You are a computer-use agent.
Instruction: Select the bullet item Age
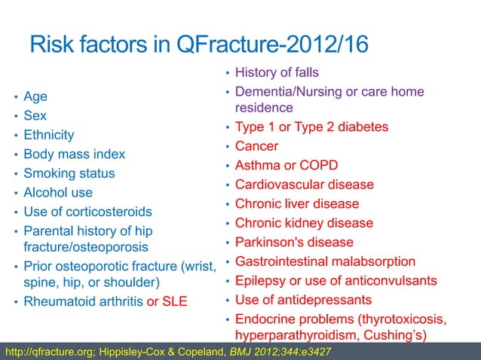coord(35,97)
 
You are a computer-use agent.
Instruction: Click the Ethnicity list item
coord(49,136)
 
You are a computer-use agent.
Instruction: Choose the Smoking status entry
coord(69,173)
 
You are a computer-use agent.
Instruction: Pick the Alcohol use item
coord(59,192)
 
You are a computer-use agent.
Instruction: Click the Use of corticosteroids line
coord(88,212)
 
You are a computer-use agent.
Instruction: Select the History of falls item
coord(277,73)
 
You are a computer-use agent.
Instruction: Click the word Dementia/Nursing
coord(286,92)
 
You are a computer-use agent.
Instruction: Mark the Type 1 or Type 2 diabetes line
coord(311,127)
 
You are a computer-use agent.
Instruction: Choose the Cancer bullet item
coord(256,146)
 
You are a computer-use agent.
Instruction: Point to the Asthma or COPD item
coord(286,165)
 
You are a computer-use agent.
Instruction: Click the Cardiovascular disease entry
coord(305,185)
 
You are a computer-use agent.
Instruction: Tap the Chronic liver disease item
coord(297,204)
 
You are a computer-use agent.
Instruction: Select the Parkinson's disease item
coord(294,243)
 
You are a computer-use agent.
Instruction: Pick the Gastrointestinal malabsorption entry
coord(325,262)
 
